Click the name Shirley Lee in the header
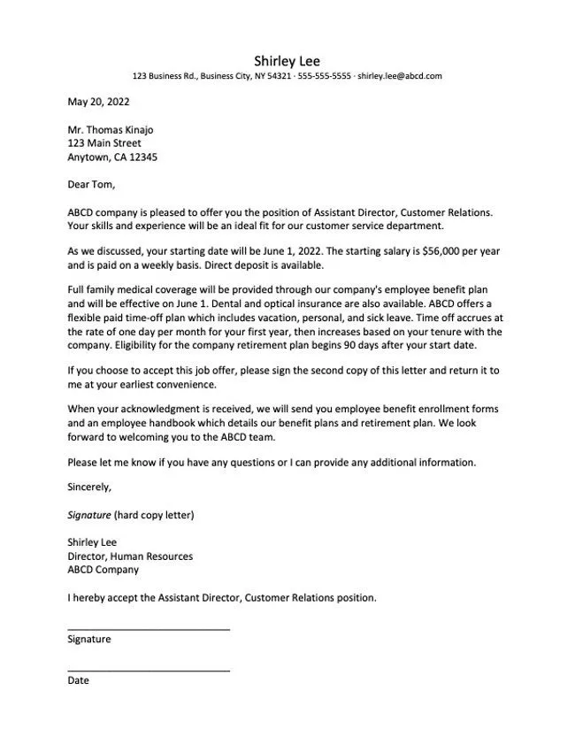tap(287, 60)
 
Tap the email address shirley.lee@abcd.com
tap(400, 76)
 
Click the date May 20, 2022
tap(98, 102)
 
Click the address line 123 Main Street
tap(104, 143)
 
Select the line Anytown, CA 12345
tap(112, 157)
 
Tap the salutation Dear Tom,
tap(91, 185)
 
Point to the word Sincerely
tap(89, 487)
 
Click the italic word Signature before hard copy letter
tap(89, 515)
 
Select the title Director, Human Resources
tap(130, 556)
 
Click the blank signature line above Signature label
tap(149, 628)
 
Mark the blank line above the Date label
tap(149, 670)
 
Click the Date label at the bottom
tap(79, 680)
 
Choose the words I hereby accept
tap(104, 597)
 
